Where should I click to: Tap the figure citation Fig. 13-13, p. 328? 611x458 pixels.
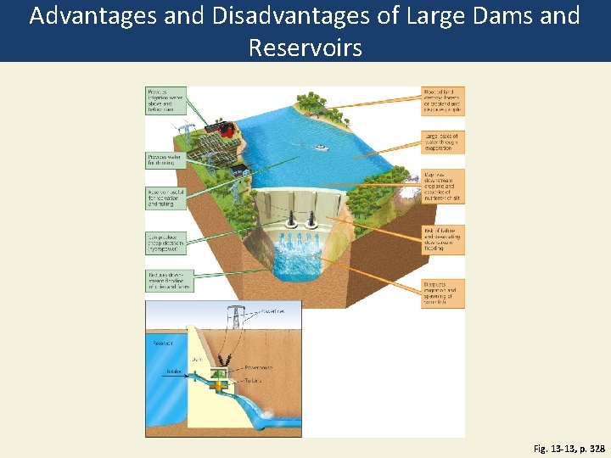(569, 448)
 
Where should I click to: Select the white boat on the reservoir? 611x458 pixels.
(322, 148)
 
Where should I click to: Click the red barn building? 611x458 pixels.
(227, 129)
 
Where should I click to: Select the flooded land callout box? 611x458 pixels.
(442, 100)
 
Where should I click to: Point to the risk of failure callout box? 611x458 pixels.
(442, 239)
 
